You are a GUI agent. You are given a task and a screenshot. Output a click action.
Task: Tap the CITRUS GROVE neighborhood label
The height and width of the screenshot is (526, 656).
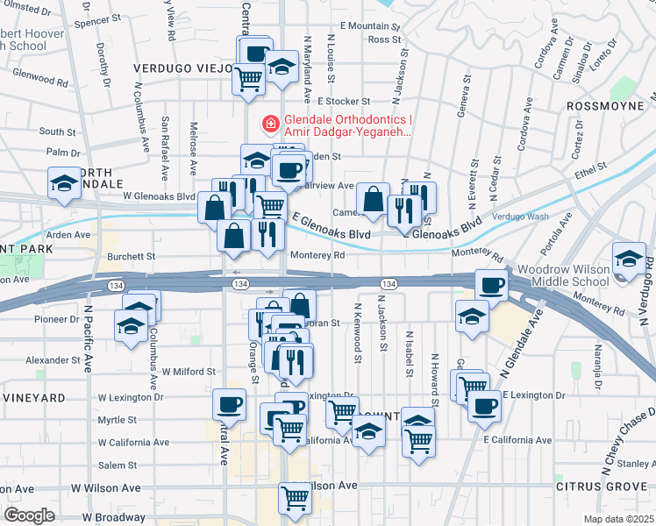pyautogui.click(x=596, y=486)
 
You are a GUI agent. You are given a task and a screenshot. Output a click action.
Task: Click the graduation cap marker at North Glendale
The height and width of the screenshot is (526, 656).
pyautogui.click(x=64, y=183)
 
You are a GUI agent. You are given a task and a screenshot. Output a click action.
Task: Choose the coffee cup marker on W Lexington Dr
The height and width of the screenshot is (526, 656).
pyautogui.click(x=229, y=404)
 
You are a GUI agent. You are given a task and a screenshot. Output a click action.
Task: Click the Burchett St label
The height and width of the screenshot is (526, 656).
pyautogui.click(x=131, y=257)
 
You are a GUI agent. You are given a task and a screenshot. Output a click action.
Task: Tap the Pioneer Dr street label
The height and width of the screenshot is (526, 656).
pyautogui.click(x=57, y=318)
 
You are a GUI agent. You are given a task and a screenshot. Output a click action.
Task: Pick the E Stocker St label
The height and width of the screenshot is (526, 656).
pyautogui.click(x=345, y=102)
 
